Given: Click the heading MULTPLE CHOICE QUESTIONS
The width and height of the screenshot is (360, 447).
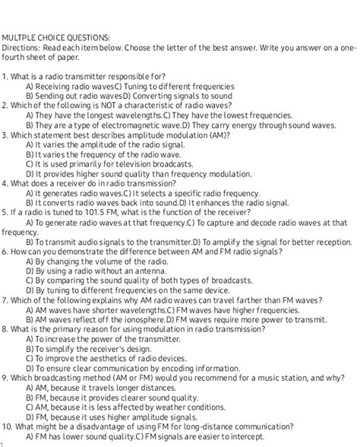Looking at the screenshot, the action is [x=55, y=36].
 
